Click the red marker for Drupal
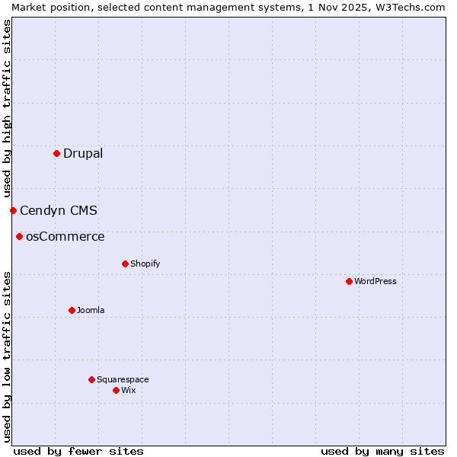(x=56, y=153)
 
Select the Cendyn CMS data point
(x=13, y=210)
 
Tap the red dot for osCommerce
(x=19, y=236)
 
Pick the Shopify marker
(x=125, y=264)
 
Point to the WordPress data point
(x=349, y=281)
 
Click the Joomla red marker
(x=72, y=310)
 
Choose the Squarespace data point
(x=91, y=379)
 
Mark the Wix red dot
(x=116, y=390)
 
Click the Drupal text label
(x=83, y=153)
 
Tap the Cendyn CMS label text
(x=59, y=210)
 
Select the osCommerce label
(x=66, y=236)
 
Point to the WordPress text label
(x=376, y=281)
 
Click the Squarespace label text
(x=123, y=379)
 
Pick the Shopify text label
(x=145, y=264)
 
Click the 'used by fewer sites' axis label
(x=78, y=451)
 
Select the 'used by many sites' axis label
(x=382, y=451)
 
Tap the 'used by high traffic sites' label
(x=7, y=108)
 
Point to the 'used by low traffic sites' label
(x=7, y=356)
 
